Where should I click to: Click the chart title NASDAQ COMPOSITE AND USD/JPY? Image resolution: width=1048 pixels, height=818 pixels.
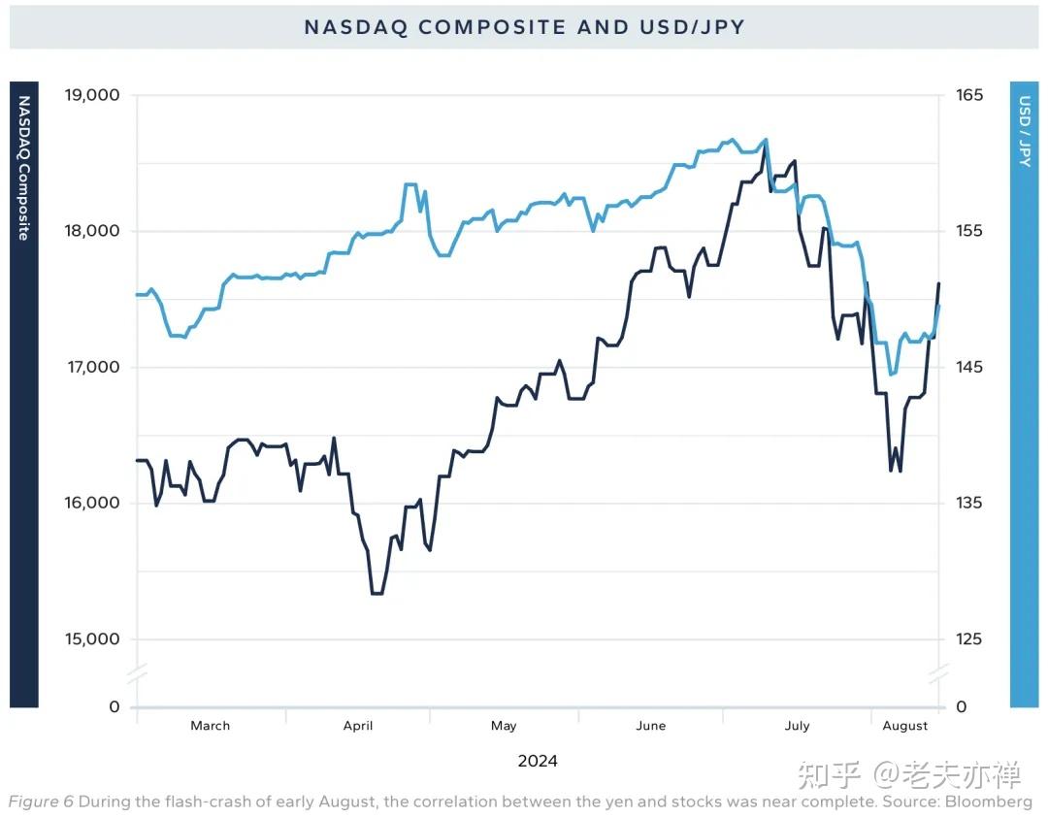[524, 27]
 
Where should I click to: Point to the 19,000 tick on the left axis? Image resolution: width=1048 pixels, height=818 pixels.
[91, 95]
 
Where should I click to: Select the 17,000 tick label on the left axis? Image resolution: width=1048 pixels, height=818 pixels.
[91, 367]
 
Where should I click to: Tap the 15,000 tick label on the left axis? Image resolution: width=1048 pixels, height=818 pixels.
[91, 638]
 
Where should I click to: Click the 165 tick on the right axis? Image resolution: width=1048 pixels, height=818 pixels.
[969, 95]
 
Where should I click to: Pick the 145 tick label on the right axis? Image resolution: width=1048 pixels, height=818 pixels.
[969, 367]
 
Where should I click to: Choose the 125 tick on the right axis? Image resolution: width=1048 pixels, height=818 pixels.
[969, 638]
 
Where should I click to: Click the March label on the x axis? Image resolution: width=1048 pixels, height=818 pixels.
[211, 726]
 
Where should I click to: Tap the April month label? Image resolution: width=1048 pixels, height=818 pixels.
[358, 726]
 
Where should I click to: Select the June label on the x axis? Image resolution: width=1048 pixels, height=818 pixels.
[651, 726]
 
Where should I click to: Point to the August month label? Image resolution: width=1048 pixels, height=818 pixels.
[905, 726]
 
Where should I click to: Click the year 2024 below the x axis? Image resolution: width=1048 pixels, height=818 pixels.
[538, 761]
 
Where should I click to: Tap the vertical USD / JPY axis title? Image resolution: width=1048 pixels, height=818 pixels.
[1025, 131]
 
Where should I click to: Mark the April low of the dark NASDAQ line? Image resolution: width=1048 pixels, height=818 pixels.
[377, 593]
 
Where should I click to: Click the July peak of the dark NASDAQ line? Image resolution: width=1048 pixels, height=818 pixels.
[765, 147]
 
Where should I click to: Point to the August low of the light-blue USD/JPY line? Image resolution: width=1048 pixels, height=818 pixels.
[892, 374]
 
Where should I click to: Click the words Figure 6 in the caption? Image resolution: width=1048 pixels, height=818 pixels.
[41, 802]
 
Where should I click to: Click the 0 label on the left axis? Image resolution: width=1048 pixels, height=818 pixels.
[115, 706]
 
